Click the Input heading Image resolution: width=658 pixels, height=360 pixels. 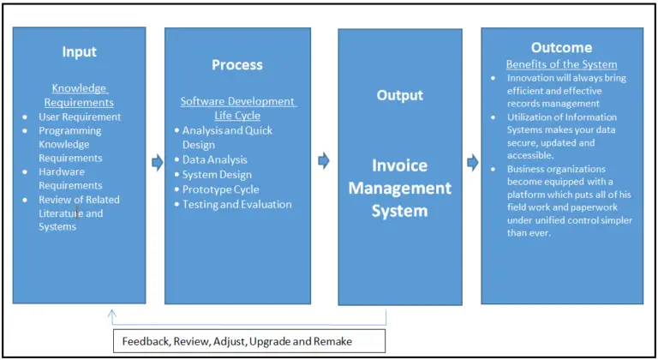[x=79, y=51]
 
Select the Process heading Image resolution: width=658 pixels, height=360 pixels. [x=237, y=65]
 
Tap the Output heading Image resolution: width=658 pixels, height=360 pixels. [x=400, y=95]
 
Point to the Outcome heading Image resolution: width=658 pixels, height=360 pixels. [x=561, y=48]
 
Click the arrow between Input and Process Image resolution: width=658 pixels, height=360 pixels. [x=157, y=162]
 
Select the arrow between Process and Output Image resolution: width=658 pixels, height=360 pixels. [x=323, y=160]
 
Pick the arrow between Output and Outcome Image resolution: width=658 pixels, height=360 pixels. [x=472, y=162]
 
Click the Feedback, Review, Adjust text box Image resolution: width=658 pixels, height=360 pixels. [x=249, y=340]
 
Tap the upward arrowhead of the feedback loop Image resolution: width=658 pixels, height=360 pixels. [x=112, y=315]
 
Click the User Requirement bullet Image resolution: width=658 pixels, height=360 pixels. [x=80, y=117]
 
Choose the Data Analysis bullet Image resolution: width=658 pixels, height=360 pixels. [x=214, y=159]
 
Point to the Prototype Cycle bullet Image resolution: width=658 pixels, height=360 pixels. [x=220, y=189]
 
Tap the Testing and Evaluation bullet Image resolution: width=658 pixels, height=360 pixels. [x=236, y=204]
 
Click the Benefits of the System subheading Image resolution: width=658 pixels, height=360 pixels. [x=561, y=64]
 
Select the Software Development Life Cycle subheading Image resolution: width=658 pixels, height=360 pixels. [x=237, y=108]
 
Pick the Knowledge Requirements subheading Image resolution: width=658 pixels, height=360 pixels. [x=79, y=94]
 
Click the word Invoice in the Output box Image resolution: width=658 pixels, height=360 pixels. [x=399, y=165]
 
